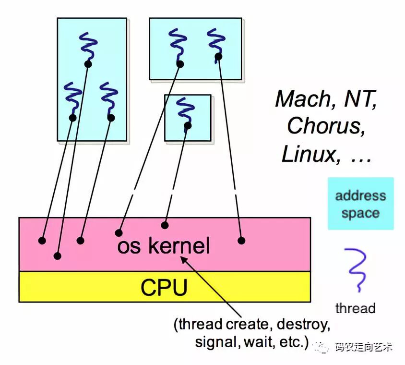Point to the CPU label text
point(164,287)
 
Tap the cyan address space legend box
point(360,204)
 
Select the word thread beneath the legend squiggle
point(355,308)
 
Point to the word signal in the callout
point(213,342)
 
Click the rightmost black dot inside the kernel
point(241,240)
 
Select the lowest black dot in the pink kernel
point(58,256)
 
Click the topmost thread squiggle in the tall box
point(88,47)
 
